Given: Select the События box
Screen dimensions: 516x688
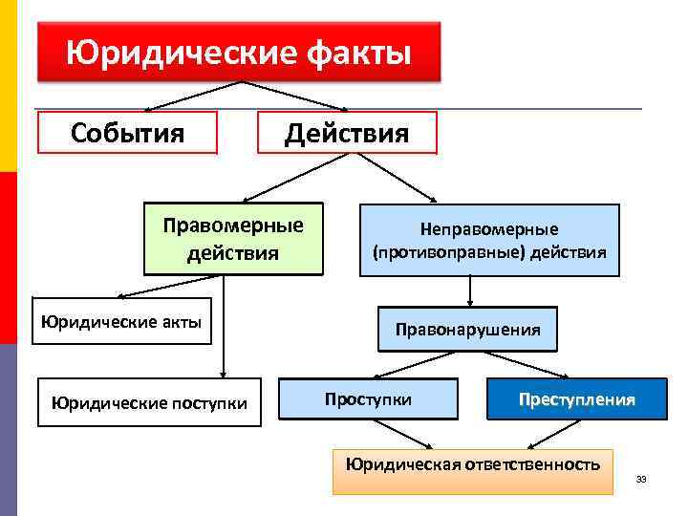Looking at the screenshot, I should coord(127,133).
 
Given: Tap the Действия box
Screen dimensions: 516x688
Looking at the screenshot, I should coord(347,133).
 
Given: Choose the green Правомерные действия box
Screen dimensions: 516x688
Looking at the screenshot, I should coord(233,239).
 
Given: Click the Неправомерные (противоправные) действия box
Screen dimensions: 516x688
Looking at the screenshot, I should coord(489,241).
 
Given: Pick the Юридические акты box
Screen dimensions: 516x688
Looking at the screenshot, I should coord(121,321).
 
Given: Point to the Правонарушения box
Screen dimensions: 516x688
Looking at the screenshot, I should coord(467,329).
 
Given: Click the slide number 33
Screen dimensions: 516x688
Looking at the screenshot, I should coord(641,478).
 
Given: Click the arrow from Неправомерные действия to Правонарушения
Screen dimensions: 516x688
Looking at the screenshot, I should coord(470,290).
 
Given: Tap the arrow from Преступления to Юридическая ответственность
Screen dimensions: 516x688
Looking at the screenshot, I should coord(549,433).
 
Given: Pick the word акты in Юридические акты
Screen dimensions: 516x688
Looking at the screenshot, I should coord(181,321).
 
